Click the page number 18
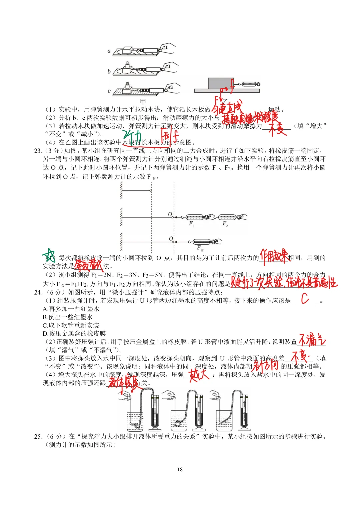point(180,469)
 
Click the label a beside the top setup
point(109,51)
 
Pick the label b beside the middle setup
point(109,71)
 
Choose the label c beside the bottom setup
point(109,91)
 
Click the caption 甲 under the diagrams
point(143,101)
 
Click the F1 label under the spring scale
point(191,224)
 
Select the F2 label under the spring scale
point(225,224)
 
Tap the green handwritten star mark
point(49,256)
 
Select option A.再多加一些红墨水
point(71,309)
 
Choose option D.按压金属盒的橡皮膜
point(74,333)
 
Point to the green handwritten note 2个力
point(132,136)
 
